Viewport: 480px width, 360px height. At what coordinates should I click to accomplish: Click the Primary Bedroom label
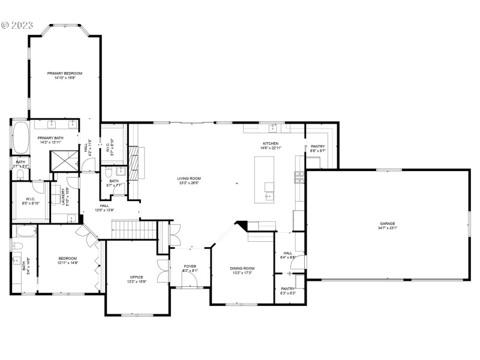click(x=65, y=73)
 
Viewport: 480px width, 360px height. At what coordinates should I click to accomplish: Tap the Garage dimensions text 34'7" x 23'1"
click(x=388, y=228)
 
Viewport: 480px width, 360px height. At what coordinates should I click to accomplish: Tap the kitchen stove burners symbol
click(x=299, y=176)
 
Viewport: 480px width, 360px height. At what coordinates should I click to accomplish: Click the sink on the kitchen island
click(x=269, y=196)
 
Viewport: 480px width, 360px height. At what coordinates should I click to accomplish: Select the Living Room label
click(x=188, y=178)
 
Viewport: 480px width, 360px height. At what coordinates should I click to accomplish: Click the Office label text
click(x=137, y=277)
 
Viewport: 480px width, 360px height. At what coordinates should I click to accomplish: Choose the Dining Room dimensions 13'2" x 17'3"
click(x=242, y=273)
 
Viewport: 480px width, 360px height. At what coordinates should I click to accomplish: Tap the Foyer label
click(x=190, y=266)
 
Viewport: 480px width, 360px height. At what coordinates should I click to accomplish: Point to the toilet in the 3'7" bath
click(x=19, y=175)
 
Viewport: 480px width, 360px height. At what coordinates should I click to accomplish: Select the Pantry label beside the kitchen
click(x=317, y=146)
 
